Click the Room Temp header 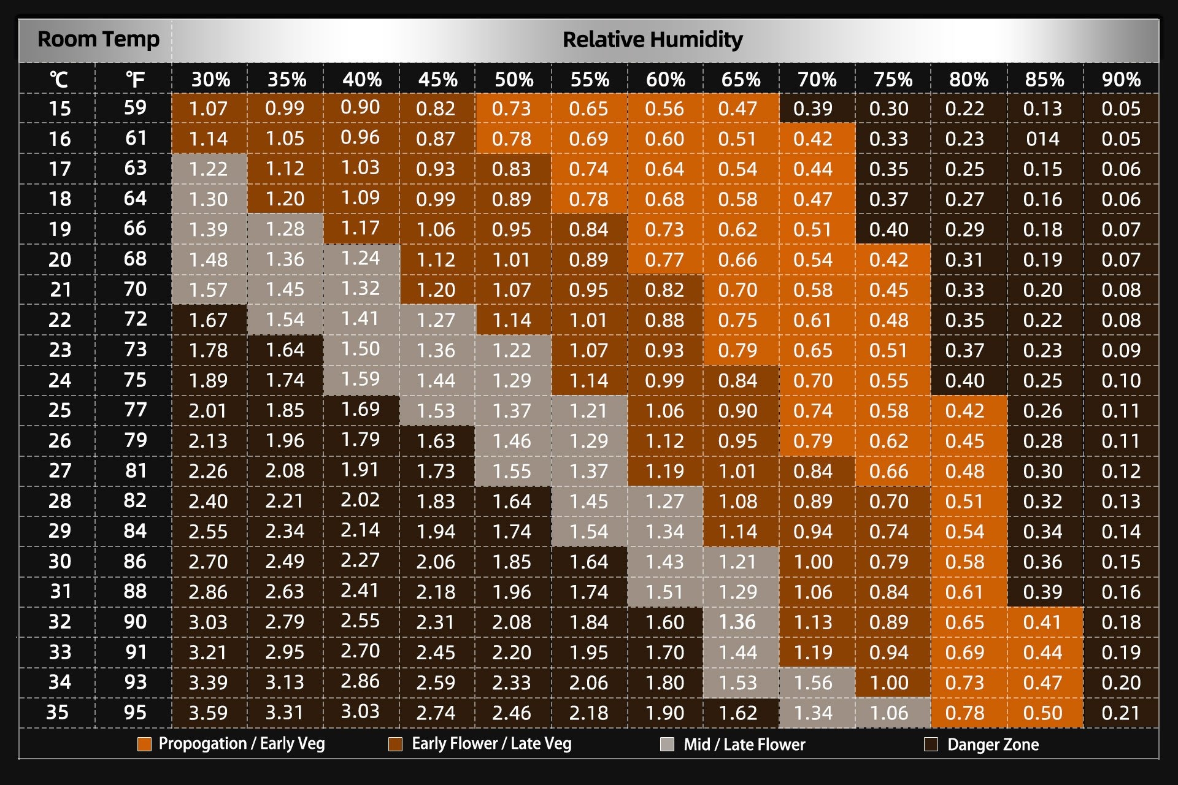click(x=98, y=39)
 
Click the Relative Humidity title click(x=652, y=40)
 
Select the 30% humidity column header click(x=210, y=79)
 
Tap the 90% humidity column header click(x=1120, y=79)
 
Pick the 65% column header click(x=741, y=79)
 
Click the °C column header click(x=59, y=79)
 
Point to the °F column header click(x=135, y=79)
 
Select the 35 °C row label click(x=58, y=712)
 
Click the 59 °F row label click(x=135, y=108)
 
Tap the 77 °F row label click(x=135, y=410)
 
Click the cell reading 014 click(x=1042, y=139)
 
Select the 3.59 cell click(x=208, y=713)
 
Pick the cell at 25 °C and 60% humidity click(x=665, y=410)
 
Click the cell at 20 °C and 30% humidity click(x=208, y=259)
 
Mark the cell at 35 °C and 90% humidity click(x=1120, y=713)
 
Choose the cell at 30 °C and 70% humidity click(x=813, y=562)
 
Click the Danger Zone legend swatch click(x=931, y=745)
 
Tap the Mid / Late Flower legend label click(x=744, y=745)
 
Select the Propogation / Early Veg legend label click(x=242, y=744)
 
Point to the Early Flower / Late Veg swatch click(x=395, y=745)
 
